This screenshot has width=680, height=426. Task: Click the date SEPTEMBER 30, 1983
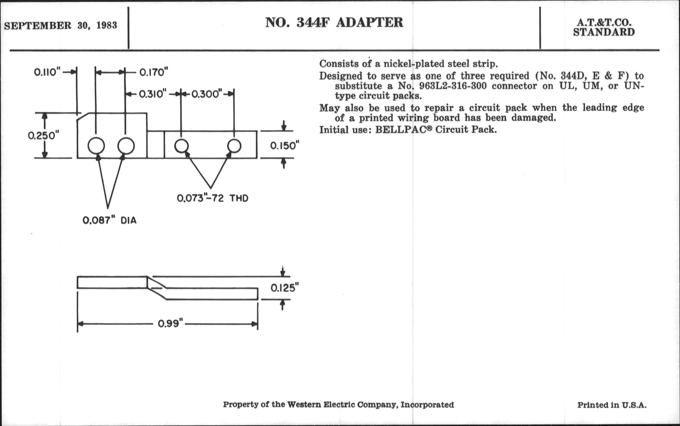pos(61,26)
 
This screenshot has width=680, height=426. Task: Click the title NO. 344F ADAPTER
pos(334,23)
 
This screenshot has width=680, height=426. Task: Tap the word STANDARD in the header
pos(604,33)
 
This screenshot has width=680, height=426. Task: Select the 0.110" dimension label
pos(47,73)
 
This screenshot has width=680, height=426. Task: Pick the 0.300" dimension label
pos(206,94)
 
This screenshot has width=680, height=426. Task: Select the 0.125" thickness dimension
pos(285,288)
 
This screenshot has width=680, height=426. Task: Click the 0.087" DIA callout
pos(109,221)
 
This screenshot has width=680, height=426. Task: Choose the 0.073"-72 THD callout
pos(212,198)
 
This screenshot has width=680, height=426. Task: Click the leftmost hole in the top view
pos(96,146)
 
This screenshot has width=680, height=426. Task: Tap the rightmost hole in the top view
pos(234,146)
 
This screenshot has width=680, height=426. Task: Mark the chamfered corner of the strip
pos(83,116)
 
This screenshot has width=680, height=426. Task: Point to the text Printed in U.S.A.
pos(612,405)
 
